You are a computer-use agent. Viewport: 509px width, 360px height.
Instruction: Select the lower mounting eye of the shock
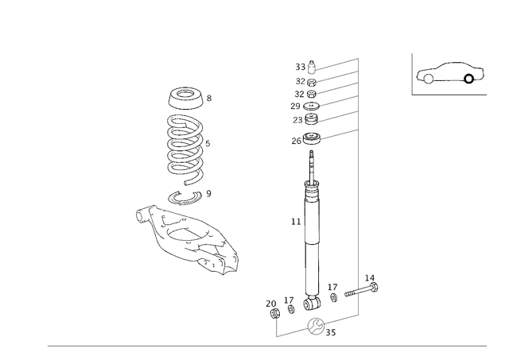click(x=311, y=301)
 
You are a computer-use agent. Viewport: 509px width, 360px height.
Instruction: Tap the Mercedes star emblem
click(x=317, y=326)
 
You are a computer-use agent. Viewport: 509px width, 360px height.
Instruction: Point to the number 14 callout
click(x=369, y=278)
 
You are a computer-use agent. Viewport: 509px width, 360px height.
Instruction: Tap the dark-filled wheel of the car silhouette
click(x=468, y=79)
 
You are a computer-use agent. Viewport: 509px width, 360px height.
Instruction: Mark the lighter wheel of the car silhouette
click(x=425, y=78)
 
